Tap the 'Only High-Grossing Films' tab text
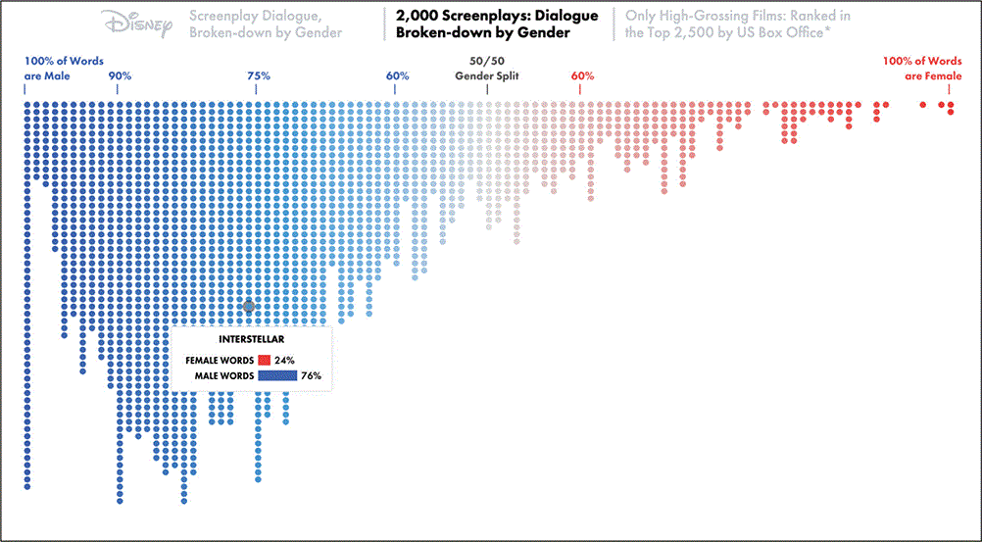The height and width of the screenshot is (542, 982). (x=737, y=24)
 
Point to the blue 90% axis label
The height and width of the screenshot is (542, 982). (x=120, y=75)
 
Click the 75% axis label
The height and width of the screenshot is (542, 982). (x=258, y=75)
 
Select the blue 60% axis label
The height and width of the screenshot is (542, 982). (x=397, y=75)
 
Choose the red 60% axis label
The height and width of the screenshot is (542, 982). (x=581, y=75)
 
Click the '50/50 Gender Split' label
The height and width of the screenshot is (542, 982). (x=487, y=68)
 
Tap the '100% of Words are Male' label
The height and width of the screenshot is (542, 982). (x=64, y=68)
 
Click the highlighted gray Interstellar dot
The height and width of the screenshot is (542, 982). (x=249, y=307)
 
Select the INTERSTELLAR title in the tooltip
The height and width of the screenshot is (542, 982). (x=250, y=339)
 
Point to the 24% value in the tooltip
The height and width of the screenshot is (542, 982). (x=285, y=360)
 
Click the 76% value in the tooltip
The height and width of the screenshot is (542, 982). (x=311, y=375)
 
